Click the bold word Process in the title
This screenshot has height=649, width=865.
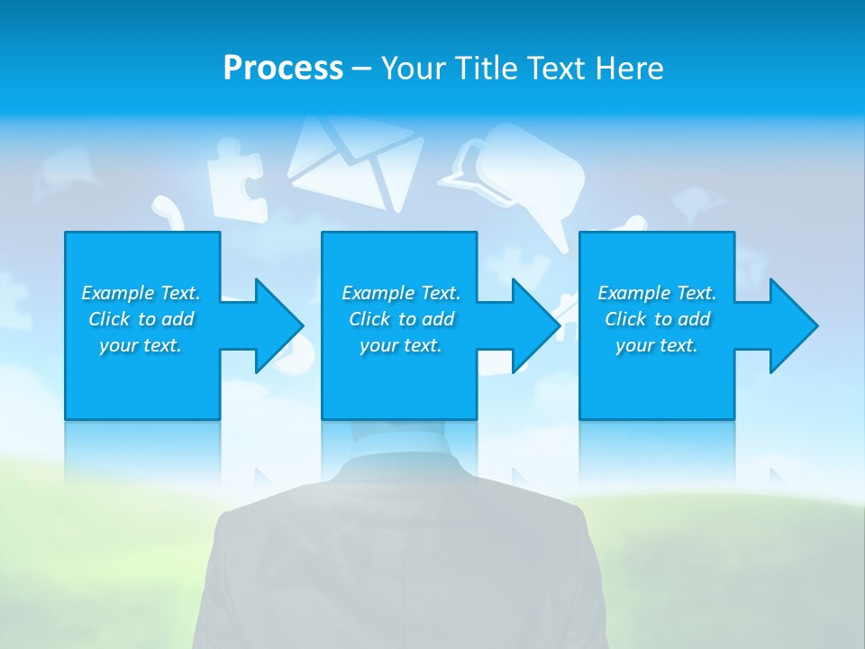coord(283,69)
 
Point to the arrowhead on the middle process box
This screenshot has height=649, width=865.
coord(534,325)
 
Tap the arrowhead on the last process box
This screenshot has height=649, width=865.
coord(792,325)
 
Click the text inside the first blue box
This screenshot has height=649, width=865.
coord(141,319)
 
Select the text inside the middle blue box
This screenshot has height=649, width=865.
coord(400,319)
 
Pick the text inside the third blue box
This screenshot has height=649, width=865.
coord(657,319)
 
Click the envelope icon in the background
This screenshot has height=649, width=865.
coord(354,162)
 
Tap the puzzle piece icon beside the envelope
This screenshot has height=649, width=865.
coord(236,185)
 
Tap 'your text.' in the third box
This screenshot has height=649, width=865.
coord(657,345)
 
